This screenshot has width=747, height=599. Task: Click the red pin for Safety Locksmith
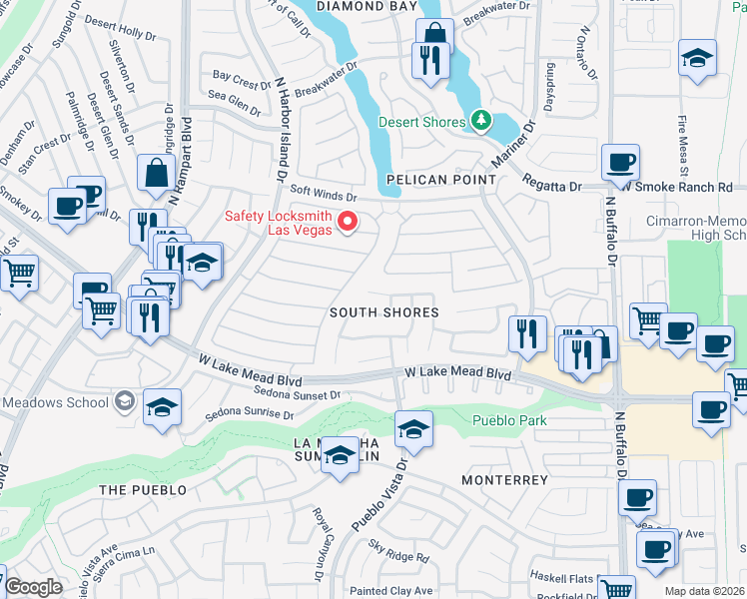coord(348,221)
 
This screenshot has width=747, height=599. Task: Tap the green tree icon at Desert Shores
coord(482,122)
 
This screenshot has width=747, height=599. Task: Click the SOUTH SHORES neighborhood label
coord(384,312)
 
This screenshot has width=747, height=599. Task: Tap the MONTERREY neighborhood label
coord(504,480)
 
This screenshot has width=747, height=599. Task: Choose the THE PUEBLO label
coord(143,490)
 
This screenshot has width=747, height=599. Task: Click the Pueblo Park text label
coord(510,420)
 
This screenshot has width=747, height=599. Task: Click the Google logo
coord(34,587)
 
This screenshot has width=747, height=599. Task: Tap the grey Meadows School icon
coord(124,402)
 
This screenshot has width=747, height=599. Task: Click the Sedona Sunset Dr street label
coord(300,394)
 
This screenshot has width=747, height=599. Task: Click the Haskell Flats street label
coord(561,577)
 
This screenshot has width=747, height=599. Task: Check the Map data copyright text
coord(705,591)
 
